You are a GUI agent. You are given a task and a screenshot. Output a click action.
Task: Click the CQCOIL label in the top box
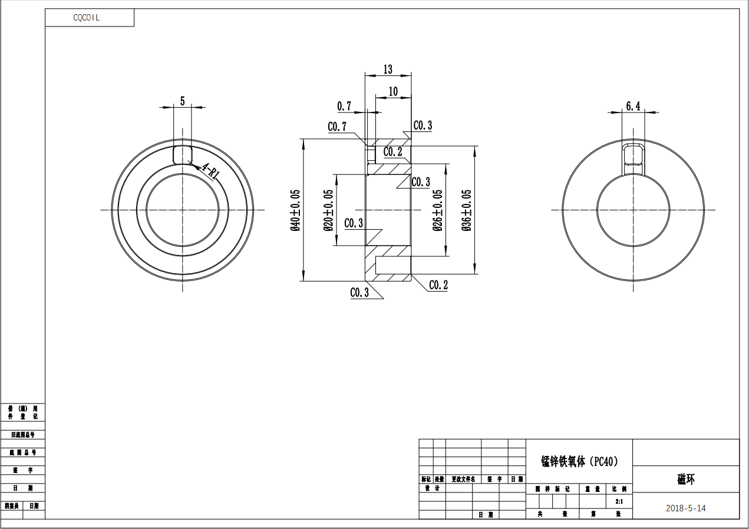pyautogui.click(x=87, y=18)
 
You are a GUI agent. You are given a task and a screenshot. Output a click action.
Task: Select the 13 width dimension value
pyautogui.click(x=388, y=70)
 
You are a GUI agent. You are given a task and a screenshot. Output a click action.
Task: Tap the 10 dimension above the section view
pyautogui.click(x=393, y=91)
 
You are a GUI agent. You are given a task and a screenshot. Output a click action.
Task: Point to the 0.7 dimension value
pyautogui.click(x=344, y=106)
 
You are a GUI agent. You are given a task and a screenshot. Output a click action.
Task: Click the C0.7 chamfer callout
pyautogui.click(x=337, y=127)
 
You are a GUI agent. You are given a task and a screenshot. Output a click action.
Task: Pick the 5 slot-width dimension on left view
pyautogui.click(x=182, y=101)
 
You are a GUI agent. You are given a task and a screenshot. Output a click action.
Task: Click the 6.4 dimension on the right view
pyautogui.click(x=633, y=106)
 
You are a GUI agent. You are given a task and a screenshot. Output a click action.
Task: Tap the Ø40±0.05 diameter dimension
pyautogui.click(x=295, y=210)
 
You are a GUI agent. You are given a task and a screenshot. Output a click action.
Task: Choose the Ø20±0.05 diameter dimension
pyautogui.click(x=328, y=210)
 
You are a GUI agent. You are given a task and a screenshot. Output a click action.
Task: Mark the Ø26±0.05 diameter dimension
pyautogui.click(x=438, y=210)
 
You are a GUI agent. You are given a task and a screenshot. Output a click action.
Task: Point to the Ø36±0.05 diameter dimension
pyautogui.click(x=467, y=210)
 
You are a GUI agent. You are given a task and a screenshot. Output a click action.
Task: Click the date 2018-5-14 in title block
pyautogui.click(x=685, y=508)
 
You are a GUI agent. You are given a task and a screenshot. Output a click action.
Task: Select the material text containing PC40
pyautogui.click(x=579, y=461)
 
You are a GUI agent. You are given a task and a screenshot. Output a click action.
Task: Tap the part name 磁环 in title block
pyautogui.click(x=685, y=479)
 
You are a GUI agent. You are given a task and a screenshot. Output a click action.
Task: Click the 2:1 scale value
pyautogui.click(x=619, y=501)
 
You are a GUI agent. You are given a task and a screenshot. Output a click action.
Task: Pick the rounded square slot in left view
pyautogui.click(x=182, y=154)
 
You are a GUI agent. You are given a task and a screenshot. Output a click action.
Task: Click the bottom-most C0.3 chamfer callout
pyautogui.click(x=359, y=293)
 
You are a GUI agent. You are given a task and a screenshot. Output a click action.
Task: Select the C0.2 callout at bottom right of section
pyautogui.click(x=438, y=286)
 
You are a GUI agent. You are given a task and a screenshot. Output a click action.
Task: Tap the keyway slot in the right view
pyautogui.click(x=633, y=156)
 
